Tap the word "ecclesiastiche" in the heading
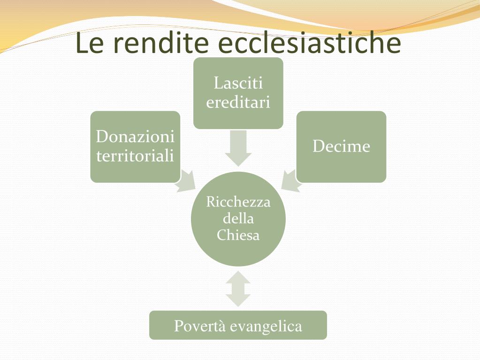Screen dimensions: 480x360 tap(310, 43)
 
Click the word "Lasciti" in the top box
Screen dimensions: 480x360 tap(238, 84)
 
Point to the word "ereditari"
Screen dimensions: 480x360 tap(238, 102)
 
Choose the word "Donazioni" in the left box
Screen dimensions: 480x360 tap(135, 137)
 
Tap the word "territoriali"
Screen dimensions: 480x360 tap(135, 155)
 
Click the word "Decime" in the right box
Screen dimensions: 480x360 tap(341, 146)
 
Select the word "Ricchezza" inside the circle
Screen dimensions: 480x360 tap(238, 202)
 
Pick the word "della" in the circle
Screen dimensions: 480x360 tap(238, 218)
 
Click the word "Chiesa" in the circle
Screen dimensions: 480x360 tap(238, 235)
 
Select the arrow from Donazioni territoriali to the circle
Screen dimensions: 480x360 tap(186, 181)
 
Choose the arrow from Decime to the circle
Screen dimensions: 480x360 tap(291, 181)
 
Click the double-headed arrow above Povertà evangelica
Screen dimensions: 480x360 tap(238, 290)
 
